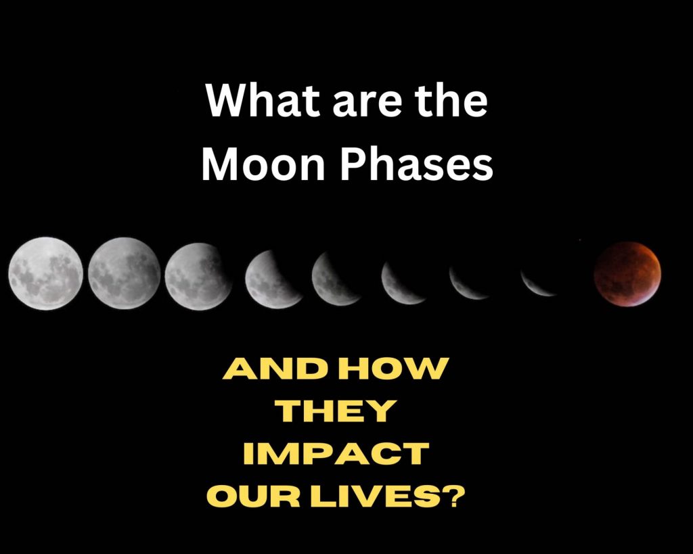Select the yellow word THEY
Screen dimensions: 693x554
point(336,411)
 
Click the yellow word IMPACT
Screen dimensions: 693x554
point(336,453)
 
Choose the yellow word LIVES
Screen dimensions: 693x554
point(374,496)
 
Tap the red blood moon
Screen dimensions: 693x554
point(627,274)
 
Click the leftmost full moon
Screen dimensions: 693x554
point(45,273)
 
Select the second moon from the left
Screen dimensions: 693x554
point(125,273)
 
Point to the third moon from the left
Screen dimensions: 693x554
point(198,277)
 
